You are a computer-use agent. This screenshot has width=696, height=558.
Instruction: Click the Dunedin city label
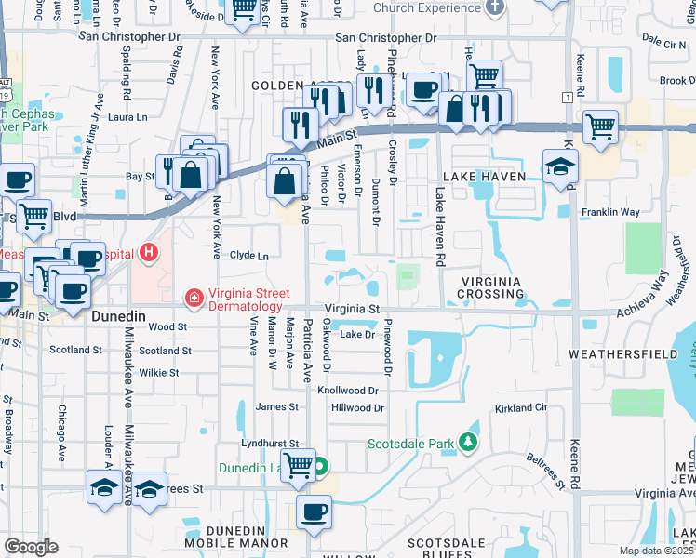coord(118,316)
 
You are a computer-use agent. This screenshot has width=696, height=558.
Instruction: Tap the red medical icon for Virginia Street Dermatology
coord(194,299)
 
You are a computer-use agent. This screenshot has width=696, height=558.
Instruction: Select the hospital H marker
coord(147,252)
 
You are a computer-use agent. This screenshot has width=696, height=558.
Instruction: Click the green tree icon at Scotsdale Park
coord(471,443)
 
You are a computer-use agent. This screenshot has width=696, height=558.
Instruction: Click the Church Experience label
coord(427,7)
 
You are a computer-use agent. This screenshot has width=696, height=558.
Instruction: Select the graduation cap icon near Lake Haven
coord(560,167)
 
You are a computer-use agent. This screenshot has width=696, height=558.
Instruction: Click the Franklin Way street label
coord(609,212)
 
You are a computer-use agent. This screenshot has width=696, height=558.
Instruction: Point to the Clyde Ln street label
coord(248,255)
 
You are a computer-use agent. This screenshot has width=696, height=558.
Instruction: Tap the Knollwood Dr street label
coord(350,392)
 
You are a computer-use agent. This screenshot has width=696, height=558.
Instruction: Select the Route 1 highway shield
coord(566,97)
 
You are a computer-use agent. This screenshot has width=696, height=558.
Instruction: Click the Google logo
coord(31,547)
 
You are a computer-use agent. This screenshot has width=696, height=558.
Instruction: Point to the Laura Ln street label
coord(128,117)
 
